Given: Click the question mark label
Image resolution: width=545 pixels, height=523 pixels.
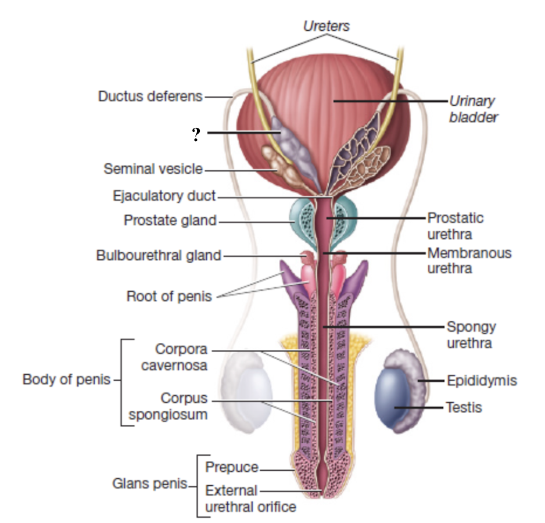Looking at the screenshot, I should pos(196,135).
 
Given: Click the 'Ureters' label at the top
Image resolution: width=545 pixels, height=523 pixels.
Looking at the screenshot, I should pos(327,26).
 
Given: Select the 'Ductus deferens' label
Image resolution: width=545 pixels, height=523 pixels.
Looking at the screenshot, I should pos(150,96).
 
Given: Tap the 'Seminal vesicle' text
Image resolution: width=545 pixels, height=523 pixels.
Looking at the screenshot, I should pos(153,169).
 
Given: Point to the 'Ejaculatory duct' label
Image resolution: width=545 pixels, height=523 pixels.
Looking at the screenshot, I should pos(164,196).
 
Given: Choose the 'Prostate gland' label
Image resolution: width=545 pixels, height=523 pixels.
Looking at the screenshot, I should pos(170,221).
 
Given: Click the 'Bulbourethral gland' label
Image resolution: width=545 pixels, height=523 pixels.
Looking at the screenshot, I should pos(159,255).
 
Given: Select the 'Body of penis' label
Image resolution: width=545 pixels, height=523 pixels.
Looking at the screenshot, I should pos(66,381).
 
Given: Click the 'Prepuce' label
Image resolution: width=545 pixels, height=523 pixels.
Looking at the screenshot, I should pos(232,467).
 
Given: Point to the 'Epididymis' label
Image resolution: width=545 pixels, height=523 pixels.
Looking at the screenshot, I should pos(482,381).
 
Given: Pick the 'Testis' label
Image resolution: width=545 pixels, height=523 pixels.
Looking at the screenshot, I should pos(464,407).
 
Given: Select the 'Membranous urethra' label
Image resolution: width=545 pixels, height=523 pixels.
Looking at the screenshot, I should pos(469,260).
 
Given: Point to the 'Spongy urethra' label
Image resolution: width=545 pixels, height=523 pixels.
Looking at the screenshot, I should pos(471,335).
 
